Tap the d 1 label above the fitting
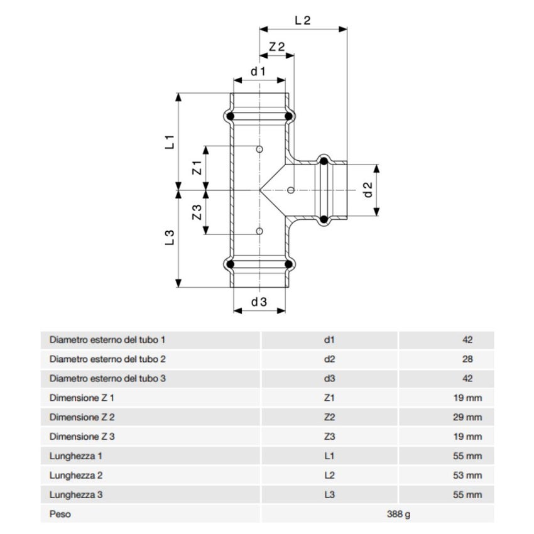point(258,71)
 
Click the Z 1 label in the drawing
point(195,168)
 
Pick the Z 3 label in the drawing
point(195,212)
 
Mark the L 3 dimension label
point(169,237)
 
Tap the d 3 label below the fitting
point(259,302)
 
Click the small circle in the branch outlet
point(290,190)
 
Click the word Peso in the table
point(60,515)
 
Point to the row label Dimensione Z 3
point(82,437)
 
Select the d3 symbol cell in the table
point(329,378)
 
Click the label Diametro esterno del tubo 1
point(107,340)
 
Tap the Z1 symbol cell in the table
point(329,398)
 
